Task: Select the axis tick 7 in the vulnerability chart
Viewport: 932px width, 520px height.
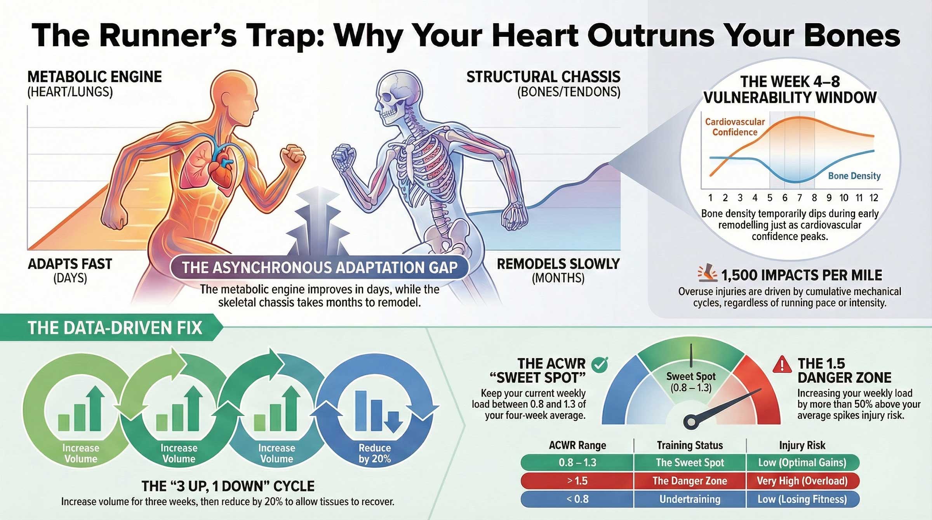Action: pyautogui.click(x=799, y=198)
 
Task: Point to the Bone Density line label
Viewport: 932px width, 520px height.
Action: pyautogui.click(x=854, y=176)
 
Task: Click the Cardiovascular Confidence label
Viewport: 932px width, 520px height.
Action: pyautogui.click(x=734, y=127)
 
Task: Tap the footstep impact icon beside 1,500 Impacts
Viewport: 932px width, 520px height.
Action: pyautogui.click(x=707, y=274)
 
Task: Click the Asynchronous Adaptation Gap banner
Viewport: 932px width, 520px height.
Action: pyautogui.click(x=319, y=268)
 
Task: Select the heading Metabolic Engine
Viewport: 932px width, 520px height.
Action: pyautogui.click(x=94, y=77)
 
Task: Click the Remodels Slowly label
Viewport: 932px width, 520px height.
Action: pyautogui.click(x=558, y=264)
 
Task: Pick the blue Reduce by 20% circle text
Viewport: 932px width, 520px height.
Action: pyautogui.click(x=374, y=453)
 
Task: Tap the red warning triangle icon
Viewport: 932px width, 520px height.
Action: pyautogui.click(x=782, y=365)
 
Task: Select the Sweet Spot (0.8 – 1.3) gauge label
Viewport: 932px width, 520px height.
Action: pyautogui.click(x=691, y=382)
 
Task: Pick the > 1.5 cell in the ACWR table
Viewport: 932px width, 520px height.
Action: pyautogui.click(x=577, y=481)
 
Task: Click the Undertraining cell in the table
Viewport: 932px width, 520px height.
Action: pyautogui.click(x=690, y=499)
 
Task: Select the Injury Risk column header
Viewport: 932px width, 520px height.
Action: pyautogui.click(x=802, y=445)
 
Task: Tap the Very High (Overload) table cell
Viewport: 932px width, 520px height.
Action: pyautogui.click(x=802, y=481)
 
